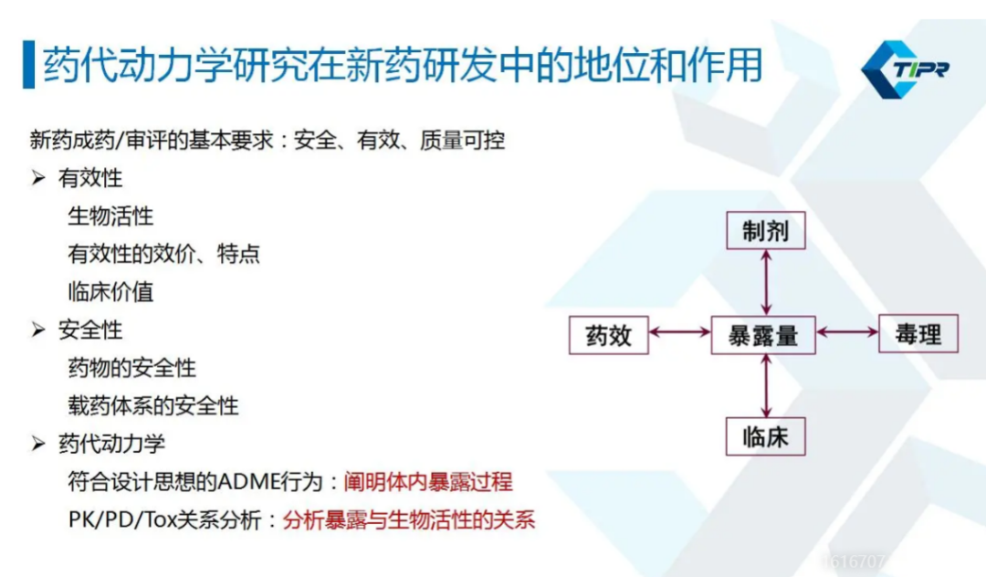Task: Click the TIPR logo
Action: (906, 69)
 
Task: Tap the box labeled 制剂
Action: (765, 231)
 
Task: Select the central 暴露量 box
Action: (762, 336)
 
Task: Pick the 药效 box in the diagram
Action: (609, 336)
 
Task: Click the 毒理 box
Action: (918, 334)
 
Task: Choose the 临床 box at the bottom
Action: (765, 436)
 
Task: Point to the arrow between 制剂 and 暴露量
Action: (766, 283)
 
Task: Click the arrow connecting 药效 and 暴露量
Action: (680, 332)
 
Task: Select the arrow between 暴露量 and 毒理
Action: (847, 332)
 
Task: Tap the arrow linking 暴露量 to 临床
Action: (766, 386)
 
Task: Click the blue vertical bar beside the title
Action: (28, 65)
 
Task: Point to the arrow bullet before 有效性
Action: (38, 179)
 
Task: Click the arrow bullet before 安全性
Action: (38, 330)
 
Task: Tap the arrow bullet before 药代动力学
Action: (38, 444)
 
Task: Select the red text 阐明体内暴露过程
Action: (428, 482)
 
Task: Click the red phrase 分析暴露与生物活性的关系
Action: (409, 519)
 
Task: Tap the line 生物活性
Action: (110, 216)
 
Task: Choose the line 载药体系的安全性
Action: (153, 406)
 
